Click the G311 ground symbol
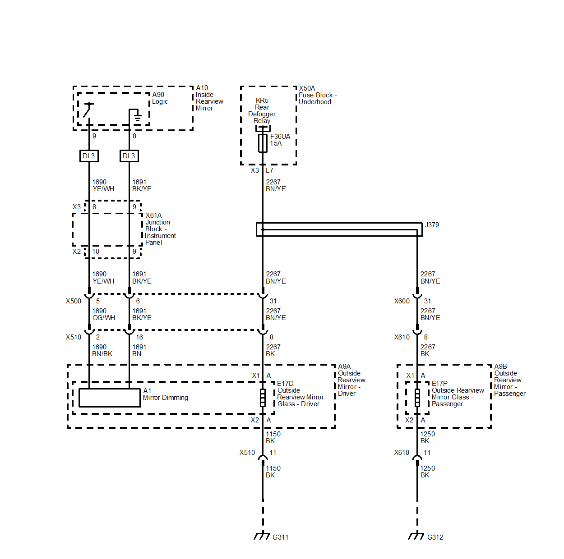coord(262,536)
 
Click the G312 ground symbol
coord(416,536)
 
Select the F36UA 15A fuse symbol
coord(263,143)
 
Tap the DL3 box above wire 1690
coord(89,156)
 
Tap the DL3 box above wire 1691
coord(129,156)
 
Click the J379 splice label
coord(432,225)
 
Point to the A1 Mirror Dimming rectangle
coord(110,398)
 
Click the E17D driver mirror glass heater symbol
coord(263,398)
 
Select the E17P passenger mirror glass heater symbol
coord(417,398)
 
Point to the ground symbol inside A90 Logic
coord(137,118)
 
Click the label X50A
coord(307,88)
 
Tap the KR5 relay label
coord(262,101)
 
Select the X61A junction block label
coord(153,215)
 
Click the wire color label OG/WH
coord(104,318)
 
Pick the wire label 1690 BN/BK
coord(102,351)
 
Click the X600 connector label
coord(402,301)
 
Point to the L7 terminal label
coord(269,170)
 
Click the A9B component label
coord(501,367)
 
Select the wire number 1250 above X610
coord(428,434)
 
